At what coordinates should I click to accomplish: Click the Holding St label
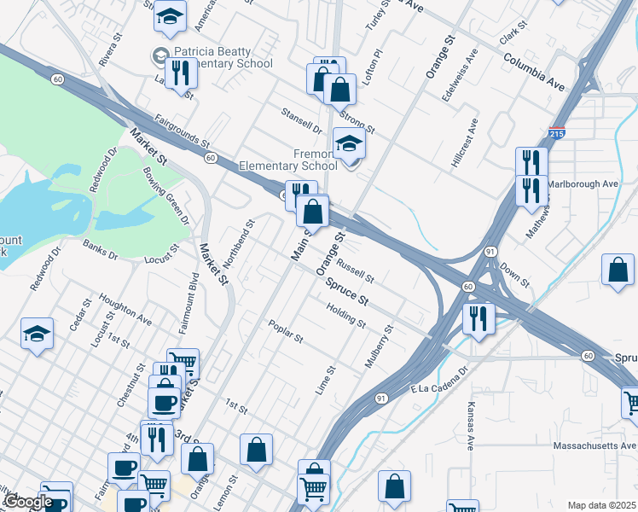(345, 317)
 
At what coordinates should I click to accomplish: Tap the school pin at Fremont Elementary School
(349, 143)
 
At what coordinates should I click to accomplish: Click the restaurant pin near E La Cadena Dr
(478, 319)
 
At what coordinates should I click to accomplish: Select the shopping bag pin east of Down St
(618, 270)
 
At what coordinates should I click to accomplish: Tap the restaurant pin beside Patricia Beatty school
(180, 73)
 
